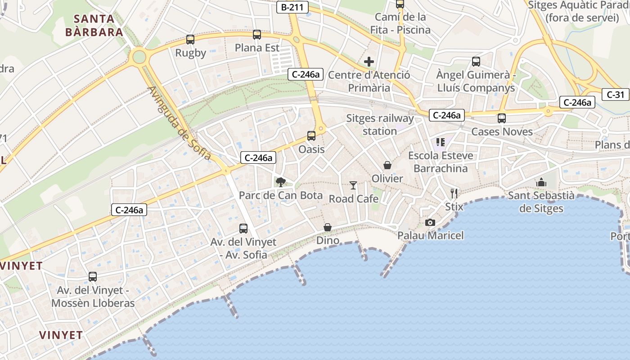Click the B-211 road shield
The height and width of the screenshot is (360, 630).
pyautogui.click(x=292, y=7)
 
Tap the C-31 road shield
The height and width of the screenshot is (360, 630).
pyautogui.click(x=615, y=94)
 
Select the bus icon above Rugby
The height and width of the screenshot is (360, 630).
pyautogui.click(x=190, y=40)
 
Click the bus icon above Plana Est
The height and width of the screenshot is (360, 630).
pyautogui.click(x=257, y=35)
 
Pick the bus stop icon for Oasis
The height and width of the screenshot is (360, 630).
pyautogui.click(x=311, y=135)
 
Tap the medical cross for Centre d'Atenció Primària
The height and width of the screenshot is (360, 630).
pyautogui.click(x=369, y=62)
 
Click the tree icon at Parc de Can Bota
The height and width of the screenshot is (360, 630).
pyautogui.click(x=281, y=182)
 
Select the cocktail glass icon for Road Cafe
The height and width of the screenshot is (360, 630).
pyautogui.click(x=353, y=185)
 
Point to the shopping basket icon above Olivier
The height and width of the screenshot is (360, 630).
pyautogui.click(x=387, y=165)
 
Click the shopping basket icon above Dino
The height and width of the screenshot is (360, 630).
pyautogui.click(x=328, y=227)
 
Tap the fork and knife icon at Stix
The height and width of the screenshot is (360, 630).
pyautogui.click(x=454, y=193)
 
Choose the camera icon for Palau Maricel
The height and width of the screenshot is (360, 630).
pyautogui.click(x=430, y=222)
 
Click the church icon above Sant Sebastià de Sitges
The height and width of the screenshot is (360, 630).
pyautogui.click(x=541, y=182)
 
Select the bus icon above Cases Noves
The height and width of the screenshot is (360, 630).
pyautogui.click(x=502, y=118)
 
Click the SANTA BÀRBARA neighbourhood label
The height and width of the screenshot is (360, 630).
pyautogui.click(x=94, y=25)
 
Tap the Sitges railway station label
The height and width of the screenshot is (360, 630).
pyautogui.click(x=380, y=125)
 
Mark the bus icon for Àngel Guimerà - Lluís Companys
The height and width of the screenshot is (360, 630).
pyautogui.click(x=476, y=62)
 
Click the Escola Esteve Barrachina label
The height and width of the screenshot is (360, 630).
pyautogui.click(x=441, y=162)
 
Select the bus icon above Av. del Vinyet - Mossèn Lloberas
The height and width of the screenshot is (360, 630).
pyautogui.click(x=93, y=277)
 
